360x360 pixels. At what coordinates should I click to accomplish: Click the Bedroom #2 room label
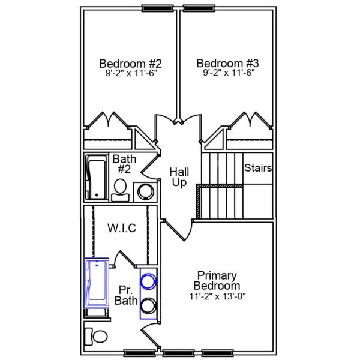coord(130,63)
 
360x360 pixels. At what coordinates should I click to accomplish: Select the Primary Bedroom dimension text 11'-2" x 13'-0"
coord(218,296)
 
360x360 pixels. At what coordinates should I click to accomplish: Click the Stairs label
coord(258,168)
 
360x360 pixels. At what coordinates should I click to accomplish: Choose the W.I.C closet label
coord(121,228)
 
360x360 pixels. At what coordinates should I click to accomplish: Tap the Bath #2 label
coord(124,164)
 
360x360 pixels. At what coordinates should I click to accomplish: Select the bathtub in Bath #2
coord(95,178)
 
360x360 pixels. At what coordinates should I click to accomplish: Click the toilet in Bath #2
coord(121,188)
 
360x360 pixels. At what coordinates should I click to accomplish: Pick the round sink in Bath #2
coord(146,191)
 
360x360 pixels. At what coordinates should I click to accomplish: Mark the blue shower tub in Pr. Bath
coord(96,284)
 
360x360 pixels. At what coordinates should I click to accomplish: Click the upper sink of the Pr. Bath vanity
coord(148,280)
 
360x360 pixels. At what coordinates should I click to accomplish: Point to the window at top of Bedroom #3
coord(198,8)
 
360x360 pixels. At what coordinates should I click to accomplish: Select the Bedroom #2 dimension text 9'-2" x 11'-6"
coord(130,74)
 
